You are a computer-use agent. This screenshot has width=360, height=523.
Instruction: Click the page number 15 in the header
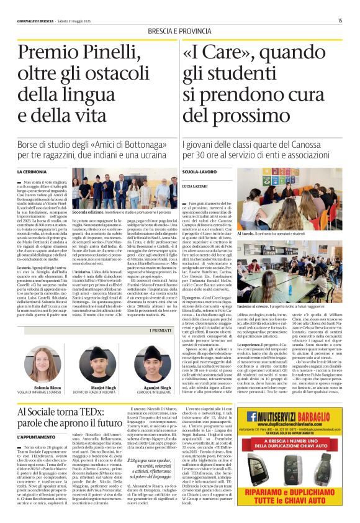340,20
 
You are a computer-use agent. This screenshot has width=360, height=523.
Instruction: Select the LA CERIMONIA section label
32,171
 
